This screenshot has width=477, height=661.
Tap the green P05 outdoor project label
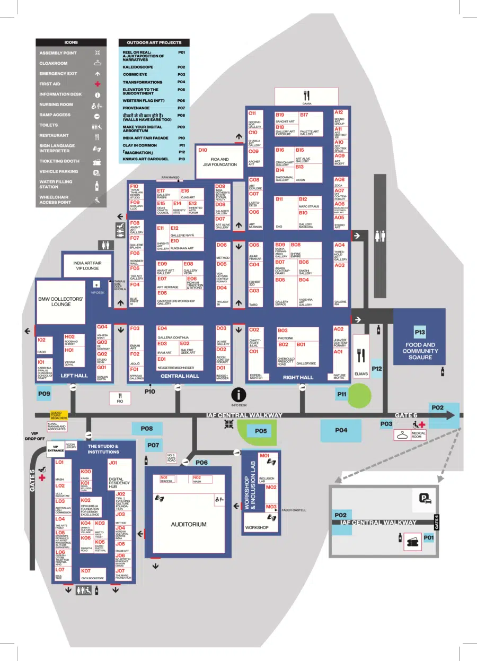pyautogui.click(x=260, y=431)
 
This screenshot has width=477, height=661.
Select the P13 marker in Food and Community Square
pyautogui.click(x=420, y=333)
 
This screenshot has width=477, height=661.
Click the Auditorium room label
pyautogui.click(x=188, y=524)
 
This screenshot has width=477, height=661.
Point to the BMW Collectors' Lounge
pyautogui.click(x=60, y=302)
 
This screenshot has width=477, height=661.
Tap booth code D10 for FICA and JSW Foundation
pyautogui.click(x=202, y=150)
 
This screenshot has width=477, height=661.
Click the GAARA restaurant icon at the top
pyautogui.click(x=306, y=96)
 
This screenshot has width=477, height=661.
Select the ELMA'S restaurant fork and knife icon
pyautogui.click(x=362, y=354)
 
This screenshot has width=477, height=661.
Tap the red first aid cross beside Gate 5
pyautogui.click(x=42, y=478)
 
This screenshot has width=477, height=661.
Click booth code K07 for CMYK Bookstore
pyautogui.click(x=85, y=571)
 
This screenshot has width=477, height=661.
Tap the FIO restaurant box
pyautogui.click(x=120, y=397)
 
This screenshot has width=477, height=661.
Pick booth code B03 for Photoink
pyautogui.click(x=282, y=330)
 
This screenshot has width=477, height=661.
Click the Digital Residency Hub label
pyautogui.click(x=119, y=482)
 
